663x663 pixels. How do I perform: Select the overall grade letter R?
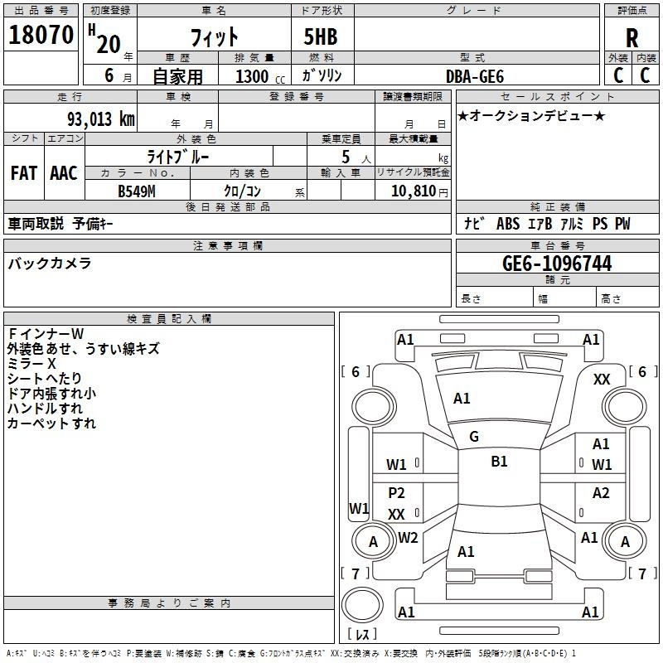[x=632, y=37]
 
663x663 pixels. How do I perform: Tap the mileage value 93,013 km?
[x=100, y=119]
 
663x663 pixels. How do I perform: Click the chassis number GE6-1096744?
[x=557, y=264]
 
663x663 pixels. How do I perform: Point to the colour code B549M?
[x=138, y=191]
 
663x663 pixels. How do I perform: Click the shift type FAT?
[x=24, y=172]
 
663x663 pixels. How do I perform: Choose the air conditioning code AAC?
[x=64, y=172]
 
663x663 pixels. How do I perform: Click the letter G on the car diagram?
[x=473, y=437]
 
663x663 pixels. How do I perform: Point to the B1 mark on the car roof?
[x=499, y=462]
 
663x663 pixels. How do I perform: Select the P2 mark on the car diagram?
[x=397, y=493]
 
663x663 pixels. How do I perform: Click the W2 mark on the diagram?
[x=408, y=538]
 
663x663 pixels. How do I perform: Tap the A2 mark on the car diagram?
[x=601, y=493]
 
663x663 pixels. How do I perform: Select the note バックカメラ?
[x=50, y=264]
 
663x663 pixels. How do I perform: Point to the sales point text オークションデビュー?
[x=531, y=116]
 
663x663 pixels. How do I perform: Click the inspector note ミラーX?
[x=31, y=364]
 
